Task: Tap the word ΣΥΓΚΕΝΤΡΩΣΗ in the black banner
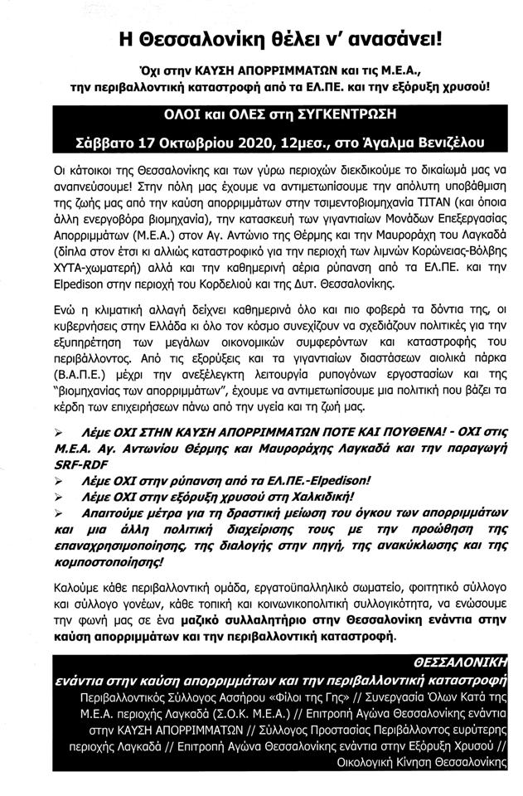tap(334, 114)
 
